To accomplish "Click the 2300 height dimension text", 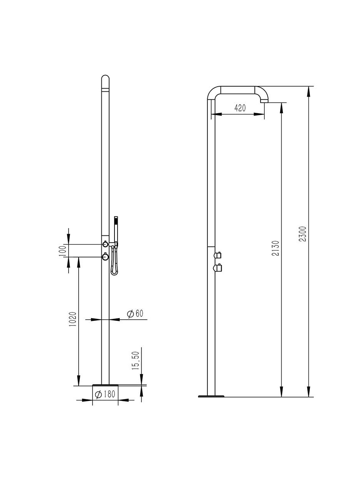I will (303, 234).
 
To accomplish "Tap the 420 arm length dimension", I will (240, 108).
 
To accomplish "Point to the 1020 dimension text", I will (72, 319).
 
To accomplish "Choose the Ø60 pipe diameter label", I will (135, 314).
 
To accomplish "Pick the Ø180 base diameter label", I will (105, 394).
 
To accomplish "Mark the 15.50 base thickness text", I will (135, 361).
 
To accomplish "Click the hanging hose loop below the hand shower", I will (114, 266).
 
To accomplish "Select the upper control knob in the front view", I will (105, 244).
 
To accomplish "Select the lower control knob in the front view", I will (105, 257).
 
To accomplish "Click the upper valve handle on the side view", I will (218, 255).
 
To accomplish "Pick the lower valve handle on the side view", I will (218, 268).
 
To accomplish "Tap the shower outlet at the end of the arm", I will (264, 102).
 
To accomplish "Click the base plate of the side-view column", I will (211, 396).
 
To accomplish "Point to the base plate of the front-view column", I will (105, 384).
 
